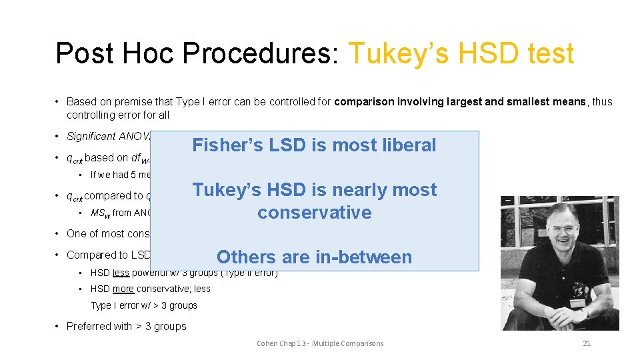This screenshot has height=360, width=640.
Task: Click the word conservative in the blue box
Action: tap(314, 213)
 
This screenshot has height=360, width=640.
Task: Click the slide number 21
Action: tap(587, 343)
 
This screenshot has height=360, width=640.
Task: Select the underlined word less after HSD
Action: tap(121, 273)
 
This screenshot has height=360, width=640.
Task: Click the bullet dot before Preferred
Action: tap(58, 326)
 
